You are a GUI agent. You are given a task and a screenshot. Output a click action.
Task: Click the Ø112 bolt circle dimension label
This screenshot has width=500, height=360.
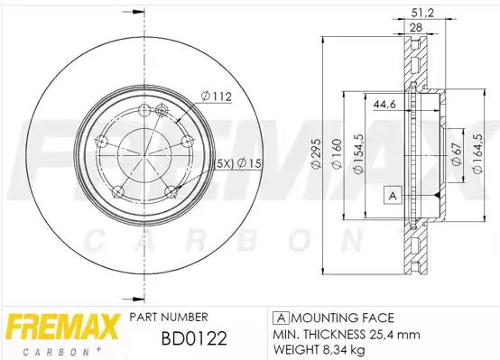pyautogui.click(x=217, y=96)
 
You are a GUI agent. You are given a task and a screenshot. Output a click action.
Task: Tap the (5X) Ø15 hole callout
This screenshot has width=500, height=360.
pyautogui.click(x=238, y=163)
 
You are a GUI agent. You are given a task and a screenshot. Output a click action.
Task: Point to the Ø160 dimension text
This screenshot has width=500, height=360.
pyautogui.click(x=337, y=153)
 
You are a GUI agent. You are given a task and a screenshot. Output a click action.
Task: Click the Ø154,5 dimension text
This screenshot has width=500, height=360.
pyautogui.click(x=358, y=153)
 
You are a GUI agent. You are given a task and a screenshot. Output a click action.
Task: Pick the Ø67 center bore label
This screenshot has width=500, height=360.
pyautogui.click(x=457, y=153)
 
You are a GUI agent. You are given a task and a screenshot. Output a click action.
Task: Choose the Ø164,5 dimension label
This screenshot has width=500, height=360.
pyautogui.click(x=477, y=153)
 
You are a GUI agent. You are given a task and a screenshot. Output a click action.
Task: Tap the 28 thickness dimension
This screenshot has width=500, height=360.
pyautogui.click(x=415, y=27)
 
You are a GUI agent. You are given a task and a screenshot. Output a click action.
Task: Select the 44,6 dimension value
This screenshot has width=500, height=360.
pyautogui.click(x=384, y=105)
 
